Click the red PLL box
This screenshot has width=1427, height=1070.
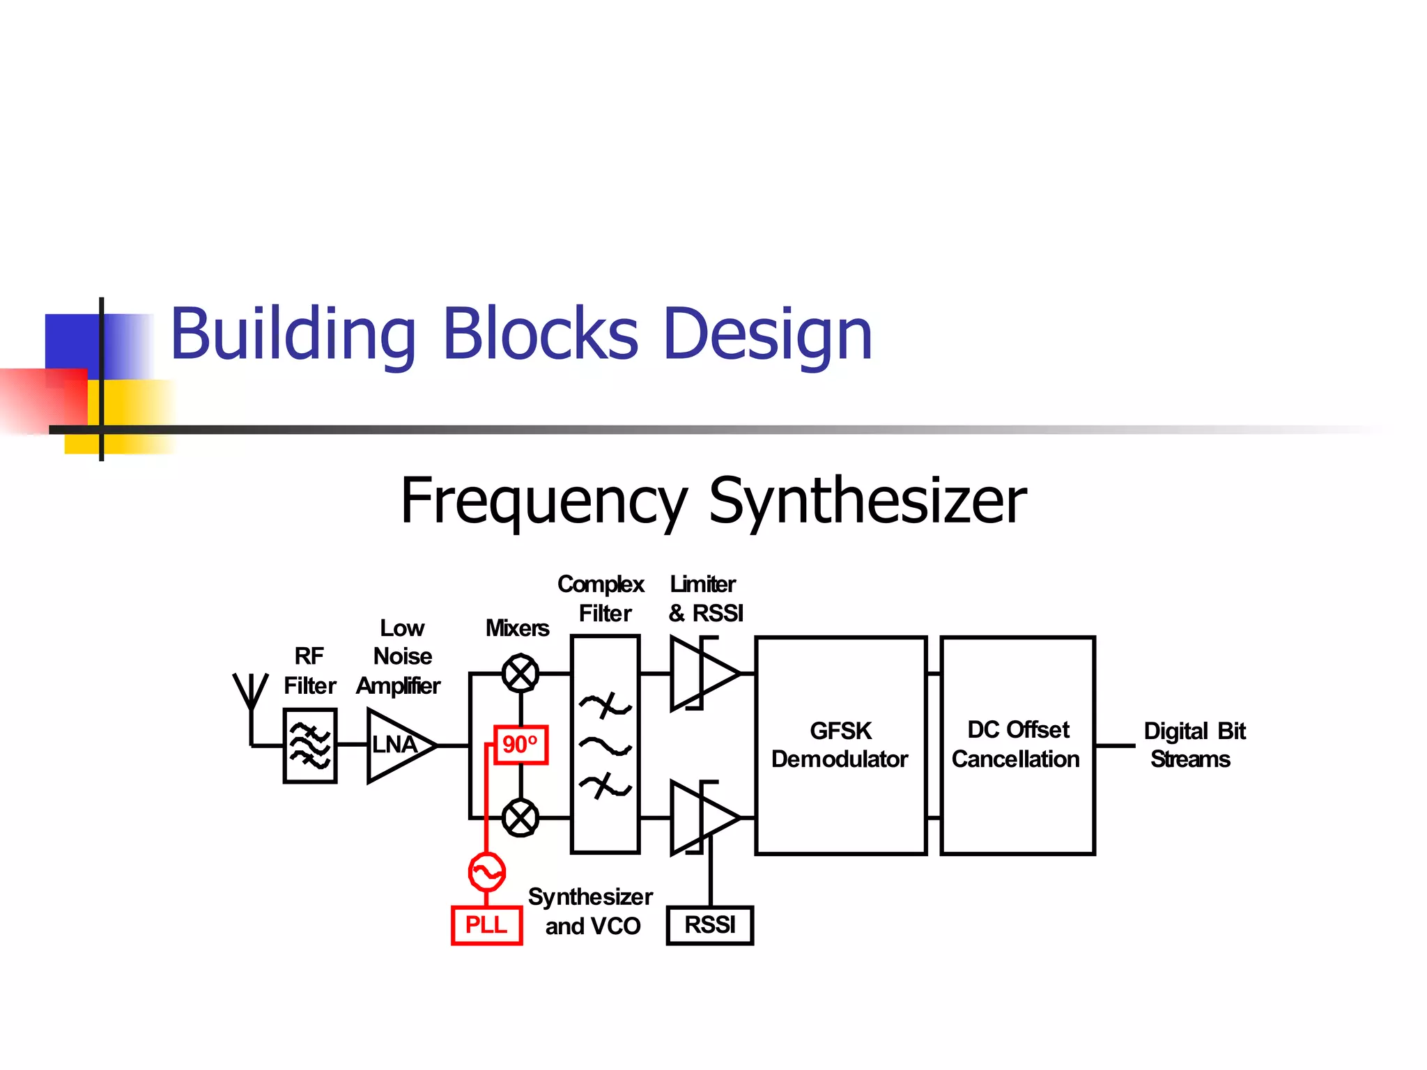pyautogui.click(x=486, y=925)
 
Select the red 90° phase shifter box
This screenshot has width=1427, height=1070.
pyautogui.click(x=520, y=745)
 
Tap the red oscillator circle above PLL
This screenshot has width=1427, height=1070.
pyautogui.click(x=486, y=872)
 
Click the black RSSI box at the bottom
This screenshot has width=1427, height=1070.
pyautogui.click(x=709, y=925)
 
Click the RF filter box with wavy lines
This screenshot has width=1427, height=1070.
pyautogui.click(x=310, y=745)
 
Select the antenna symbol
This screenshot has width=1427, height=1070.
pyautogui.click(x=251, y=697)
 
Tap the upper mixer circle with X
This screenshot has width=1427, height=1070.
pyautogui.click(x=520, y=674)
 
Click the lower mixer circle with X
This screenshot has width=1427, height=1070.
pyautogui.click(x=520, y=818)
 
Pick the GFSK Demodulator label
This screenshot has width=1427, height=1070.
pyautogui.click(x=840, y=745)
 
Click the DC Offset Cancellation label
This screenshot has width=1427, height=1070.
pyautogui.click(x=1017, y=745)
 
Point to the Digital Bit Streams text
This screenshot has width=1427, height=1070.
pyautogui.click(x=1194, y=745)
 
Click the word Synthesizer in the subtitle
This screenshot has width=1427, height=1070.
pyautogui.click(x=867, y=502)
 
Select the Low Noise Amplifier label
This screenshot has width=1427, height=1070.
pyautogui.click(x=400, y=657)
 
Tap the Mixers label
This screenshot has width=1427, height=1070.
pyautogui.click(x=517, y=628)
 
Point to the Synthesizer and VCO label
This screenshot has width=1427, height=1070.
pyautogui.click(x=591, y=911)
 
